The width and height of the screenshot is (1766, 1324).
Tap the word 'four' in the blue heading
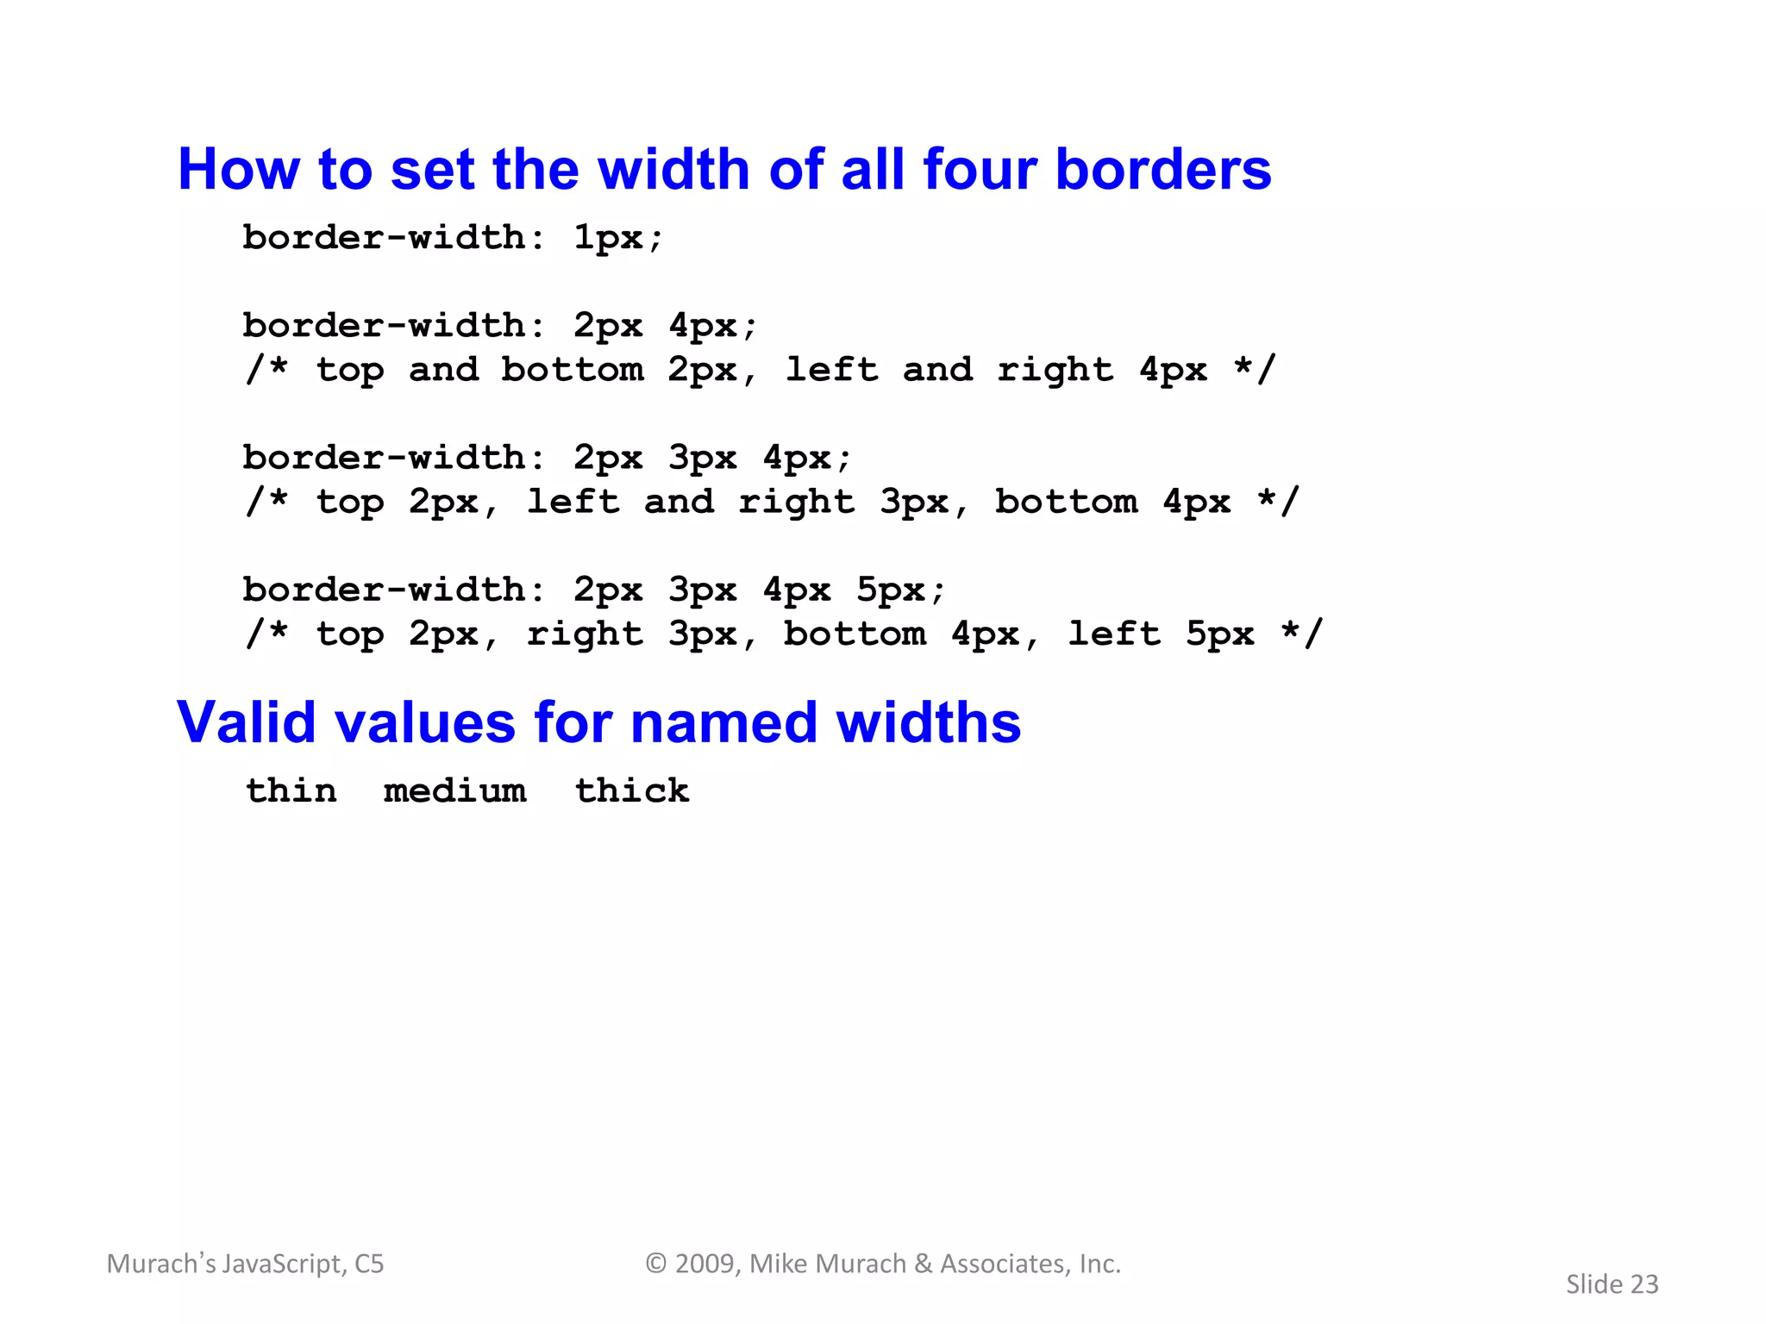click(980, 169)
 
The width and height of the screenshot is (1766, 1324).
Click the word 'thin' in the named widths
click(291, 790)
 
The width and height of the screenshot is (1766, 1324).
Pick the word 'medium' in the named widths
click(454, 790)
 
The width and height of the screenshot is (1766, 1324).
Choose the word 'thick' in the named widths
click(632, 790)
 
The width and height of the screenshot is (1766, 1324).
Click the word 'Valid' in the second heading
click(247, 722)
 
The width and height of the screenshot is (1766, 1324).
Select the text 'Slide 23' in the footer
click(1612, 1284)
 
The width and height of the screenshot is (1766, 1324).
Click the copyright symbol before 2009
click(656, 1264)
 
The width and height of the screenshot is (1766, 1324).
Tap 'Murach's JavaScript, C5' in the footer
click(245, 1264)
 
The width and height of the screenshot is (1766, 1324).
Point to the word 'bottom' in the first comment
click(573, 370)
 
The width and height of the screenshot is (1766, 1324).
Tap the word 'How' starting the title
click(238, 169)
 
